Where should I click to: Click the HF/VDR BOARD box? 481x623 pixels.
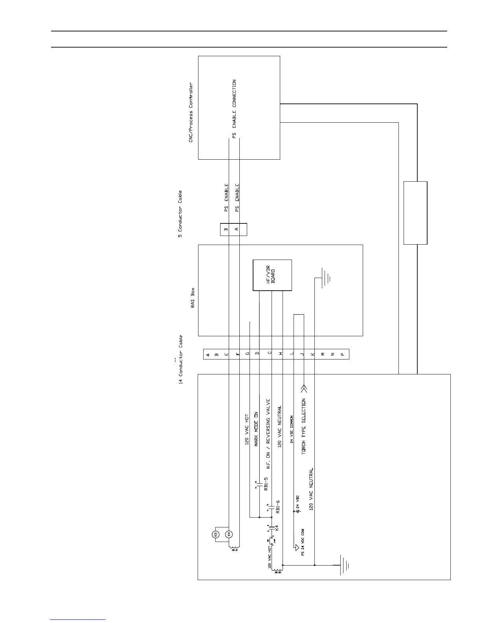click(272, 275)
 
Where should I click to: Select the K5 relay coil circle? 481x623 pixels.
click(215, 534)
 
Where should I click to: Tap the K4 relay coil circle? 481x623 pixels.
click(229, 534)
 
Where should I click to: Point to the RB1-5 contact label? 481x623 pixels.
click(266, 484)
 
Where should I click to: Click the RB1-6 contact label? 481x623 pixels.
click(278, 507)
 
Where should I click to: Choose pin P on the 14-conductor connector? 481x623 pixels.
click(342, 354)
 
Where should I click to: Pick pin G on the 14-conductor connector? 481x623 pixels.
click(247, 354)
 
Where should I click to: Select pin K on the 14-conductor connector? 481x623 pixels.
click(313, 354)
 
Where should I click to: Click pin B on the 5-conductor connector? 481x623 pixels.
click(226, 229)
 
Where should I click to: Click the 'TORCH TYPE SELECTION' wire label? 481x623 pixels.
click(303, 426)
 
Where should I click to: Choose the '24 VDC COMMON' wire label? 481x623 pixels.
click(292, 429)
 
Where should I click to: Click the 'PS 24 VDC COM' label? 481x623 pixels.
click(303, 542)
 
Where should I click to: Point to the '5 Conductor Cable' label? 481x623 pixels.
click(180, 214)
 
